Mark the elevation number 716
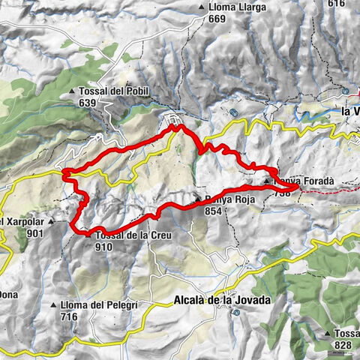tap(70, 317)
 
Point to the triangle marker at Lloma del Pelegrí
tap(53, 306)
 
